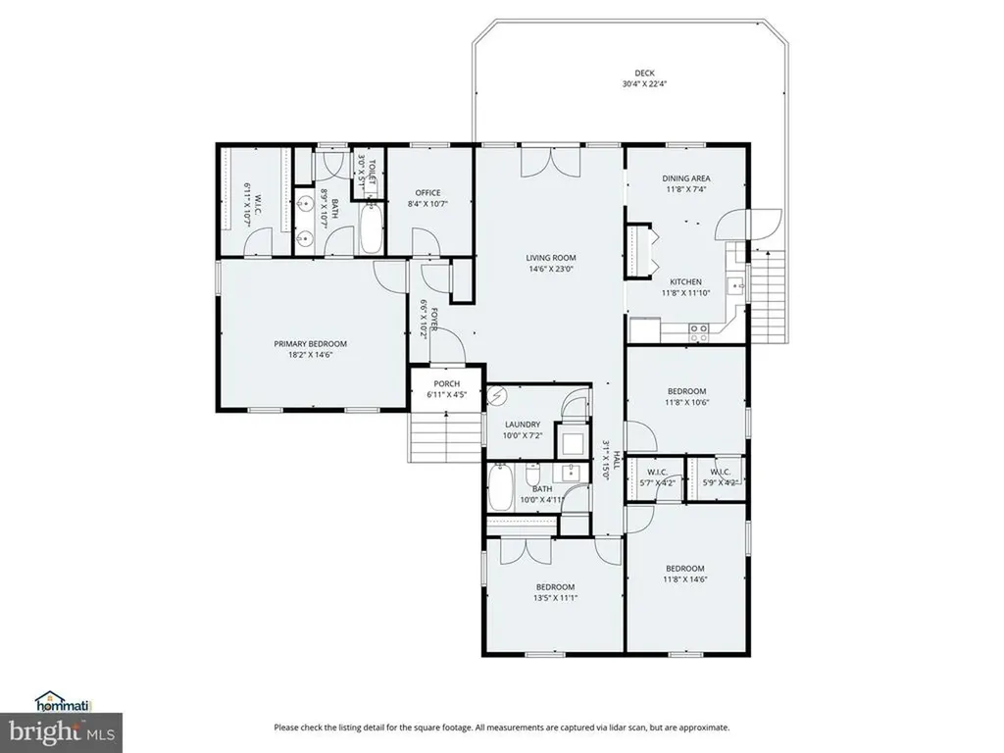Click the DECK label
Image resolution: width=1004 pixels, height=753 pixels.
[644, 73]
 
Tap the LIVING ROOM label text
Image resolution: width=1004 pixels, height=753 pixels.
[549, 258]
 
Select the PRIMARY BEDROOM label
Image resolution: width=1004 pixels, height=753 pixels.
[310, 344]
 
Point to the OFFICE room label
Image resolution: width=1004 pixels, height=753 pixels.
[427, 192]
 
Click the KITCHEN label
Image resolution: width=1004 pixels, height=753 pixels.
[685, 281]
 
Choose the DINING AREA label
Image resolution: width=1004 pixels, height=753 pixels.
[686, 177]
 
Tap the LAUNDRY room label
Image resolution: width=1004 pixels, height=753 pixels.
[523, 425]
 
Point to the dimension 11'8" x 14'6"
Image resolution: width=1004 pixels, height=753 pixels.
[685, 579]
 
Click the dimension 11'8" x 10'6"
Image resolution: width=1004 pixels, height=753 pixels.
[686, 402]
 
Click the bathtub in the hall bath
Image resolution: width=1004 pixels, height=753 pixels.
[500, 489]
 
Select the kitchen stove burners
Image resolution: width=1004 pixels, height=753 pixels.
[699, 332]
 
